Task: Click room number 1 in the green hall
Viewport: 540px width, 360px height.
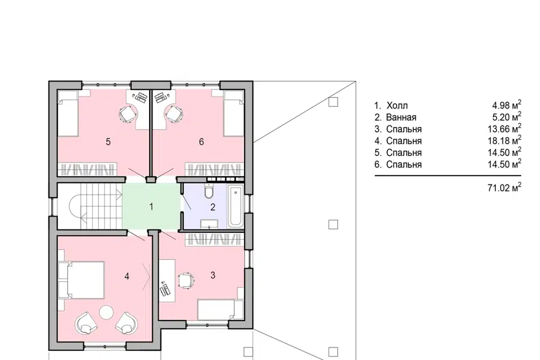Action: (151, 206)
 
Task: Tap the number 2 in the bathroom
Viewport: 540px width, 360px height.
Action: (213, 207)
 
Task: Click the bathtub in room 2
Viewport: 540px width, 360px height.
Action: (236, 206)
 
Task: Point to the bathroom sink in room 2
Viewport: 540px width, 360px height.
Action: (209, 223)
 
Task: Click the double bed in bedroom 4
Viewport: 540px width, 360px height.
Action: (82, 280)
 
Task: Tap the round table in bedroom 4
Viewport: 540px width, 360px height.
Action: (106, 312)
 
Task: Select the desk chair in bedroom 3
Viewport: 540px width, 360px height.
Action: (186, 281)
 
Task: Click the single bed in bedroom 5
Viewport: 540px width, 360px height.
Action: (67, 113)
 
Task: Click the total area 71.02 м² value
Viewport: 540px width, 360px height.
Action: (504, 187)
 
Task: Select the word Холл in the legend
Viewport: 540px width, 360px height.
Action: (397, 105)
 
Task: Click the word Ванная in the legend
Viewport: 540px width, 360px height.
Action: (401, 117)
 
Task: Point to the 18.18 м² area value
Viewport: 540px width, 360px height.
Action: (504, 141)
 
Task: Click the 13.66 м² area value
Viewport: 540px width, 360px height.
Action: (504, 129)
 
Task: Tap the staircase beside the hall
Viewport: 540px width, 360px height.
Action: (89, 206)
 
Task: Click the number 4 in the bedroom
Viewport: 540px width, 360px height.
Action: (127, 276)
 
